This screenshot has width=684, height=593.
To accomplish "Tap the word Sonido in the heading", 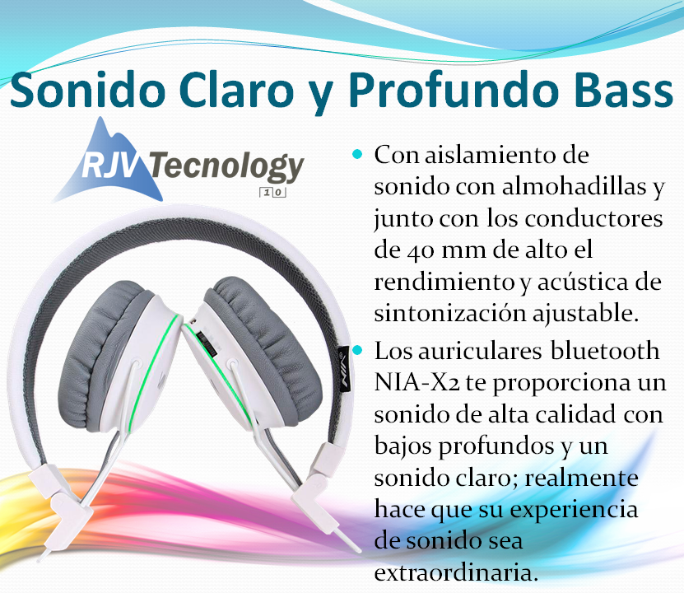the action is click(x=87, y=91).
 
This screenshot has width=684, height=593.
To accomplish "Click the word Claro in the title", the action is click(x=236, y=91).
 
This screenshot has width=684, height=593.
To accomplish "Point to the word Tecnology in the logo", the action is click(x=227, y=168).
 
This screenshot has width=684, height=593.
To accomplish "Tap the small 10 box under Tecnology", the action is click(x=273, y=193).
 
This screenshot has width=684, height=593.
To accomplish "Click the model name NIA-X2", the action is click(x=417, y=382).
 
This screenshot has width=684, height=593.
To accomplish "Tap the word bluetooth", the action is click(x=605, y=350).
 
